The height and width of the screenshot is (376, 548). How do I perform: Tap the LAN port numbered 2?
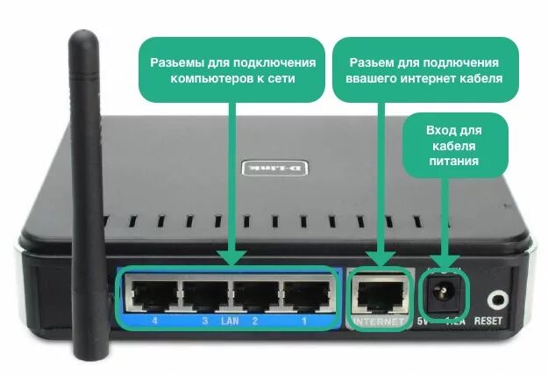pos(254,293)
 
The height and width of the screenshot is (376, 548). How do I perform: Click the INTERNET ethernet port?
pos(380,293)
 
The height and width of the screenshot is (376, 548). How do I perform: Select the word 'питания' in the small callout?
pos(454,162)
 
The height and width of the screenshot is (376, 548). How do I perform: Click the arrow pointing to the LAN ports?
pos(231,176)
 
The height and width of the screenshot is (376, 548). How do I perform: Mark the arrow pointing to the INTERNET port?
pos(379,176)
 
